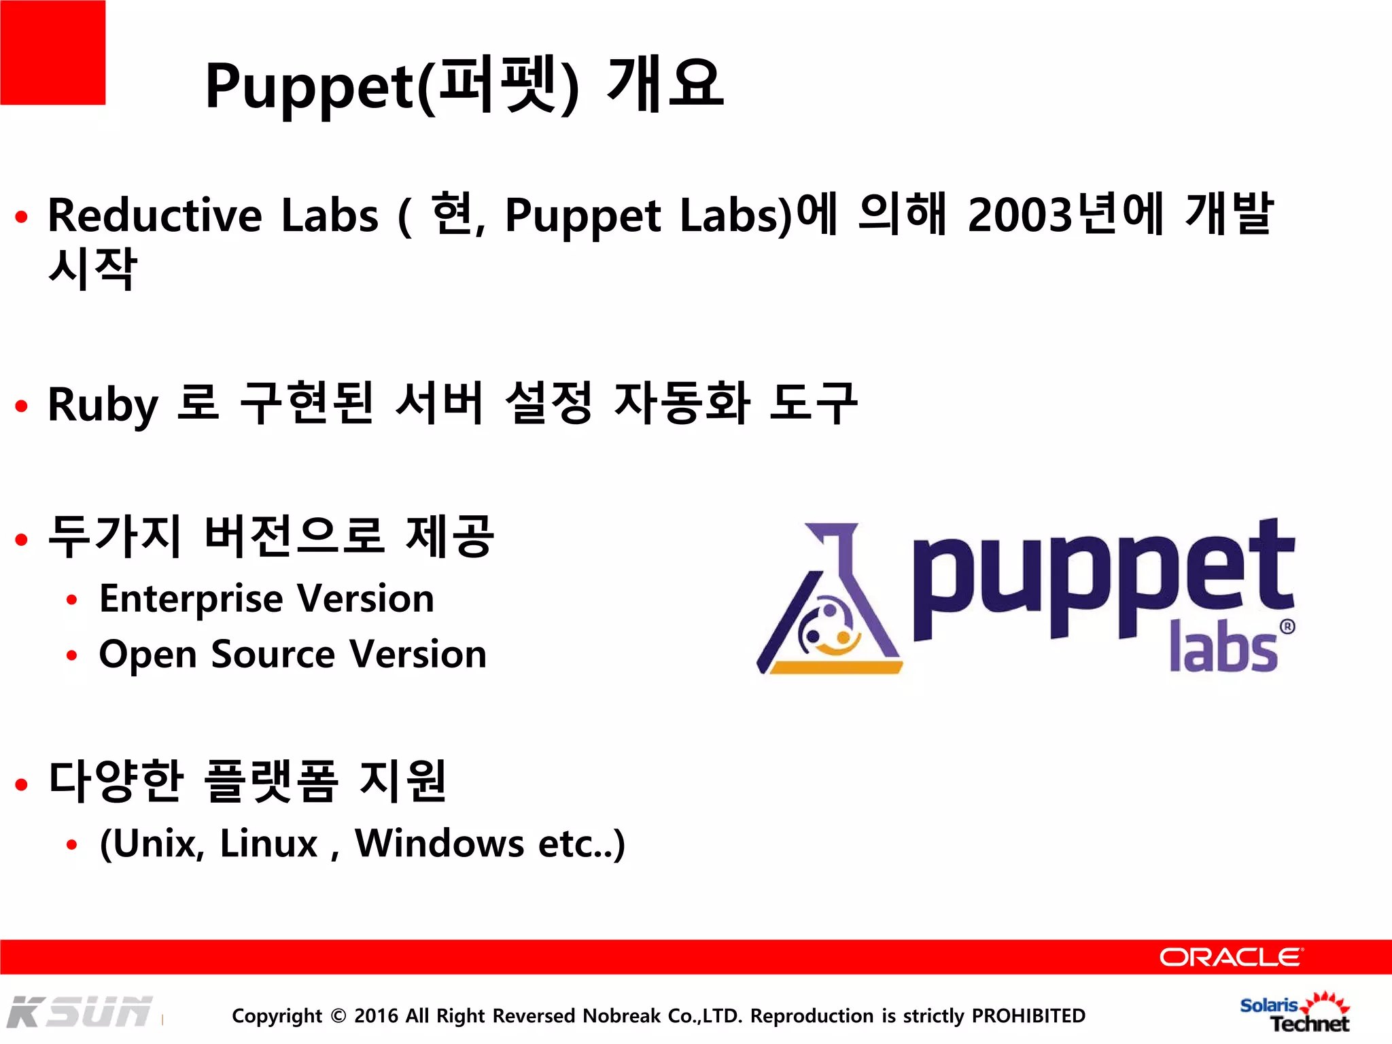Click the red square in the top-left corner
[x=52, y=52]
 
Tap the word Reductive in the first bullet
[x=155, y=215]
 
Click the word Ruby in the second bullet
[x=103, y=405]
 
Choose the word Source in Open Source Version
[x=273, y=655]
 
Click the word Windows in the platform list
[x=439, y=843]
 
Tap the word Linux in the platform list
[x=268, y=843]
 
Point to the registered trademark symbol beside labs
[x=1287, y=627]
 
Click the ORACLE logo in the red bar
[x=1231, y=957]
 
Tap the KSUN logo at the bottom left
[x=80, y=1012]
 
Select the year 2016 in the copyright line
[x=376, y=1015]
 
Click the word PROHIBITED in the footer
[x=1028, y=1015]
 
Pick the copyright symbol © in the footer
[x=338, y=1016]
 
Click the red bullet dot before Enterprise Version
[x=72, y=600]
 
